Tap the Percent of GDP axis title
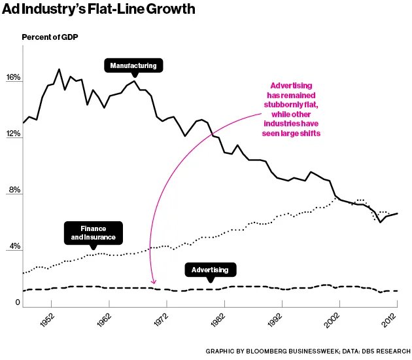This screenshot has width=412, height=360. (x=50, y=37)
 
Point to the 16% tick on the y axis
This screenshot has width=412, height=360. (x=14, y=78)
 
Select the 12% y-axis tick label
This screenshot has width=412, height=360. (x=14, y=134)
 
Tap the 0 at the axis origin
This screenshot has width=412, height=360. (x=18, y=303)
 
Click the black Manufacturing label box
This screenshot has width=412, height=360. (x=133, y=65)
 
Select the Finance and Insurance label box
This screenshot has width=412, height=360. (x=93, y=232)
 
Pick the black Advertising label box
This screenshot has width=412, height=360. (x=210, y=270)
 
